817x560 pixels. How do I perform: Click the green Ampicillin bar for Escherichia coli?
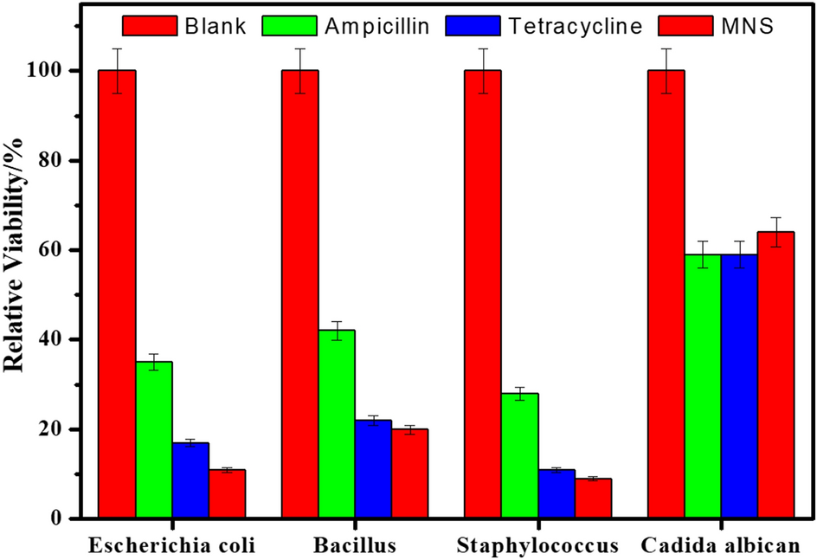coord(153,441)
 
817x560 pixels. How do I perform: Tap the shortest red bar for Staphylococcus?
coord(594,499)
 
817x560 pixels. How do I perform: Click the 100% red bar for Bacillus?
coord(299,294)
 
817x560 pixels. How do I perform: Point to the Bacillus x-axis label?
coord(356,545)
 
